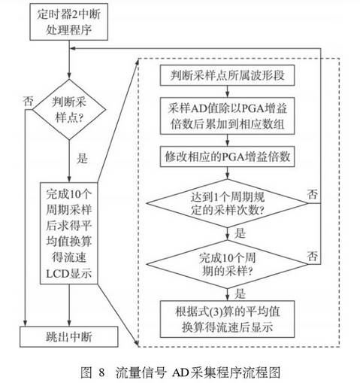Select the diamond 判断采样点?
(x=68, y=111)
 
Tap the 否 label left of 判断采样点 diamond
(x=28, y=99)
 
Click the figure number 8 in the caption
(x=101, y=372)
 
